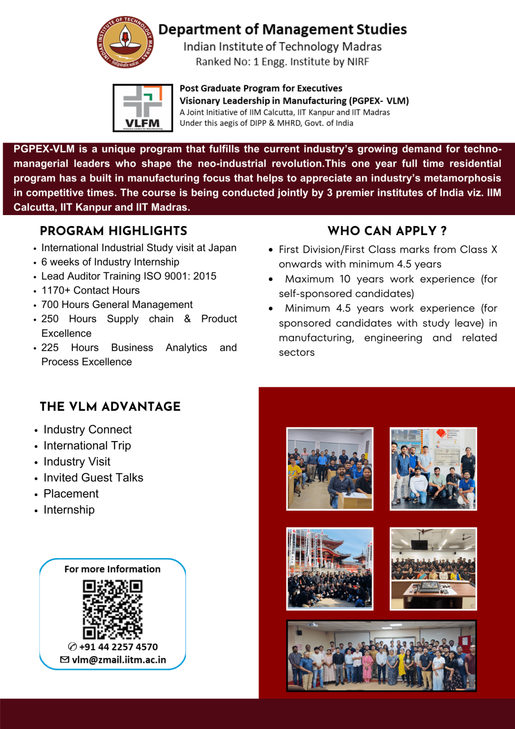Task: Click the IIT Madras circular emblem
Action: click(x=125, y=42)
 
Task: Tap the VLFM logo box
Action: click(x=143, y=108)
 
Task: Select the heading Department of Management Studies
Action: click(x=282, y=29)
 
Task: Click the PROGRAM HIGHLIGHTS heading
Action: click(x=113, y=231)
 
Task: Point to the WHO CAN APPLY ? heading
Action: click(x=387, y=231)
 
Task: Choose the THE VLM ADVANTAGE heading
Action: click(x=110, y=406)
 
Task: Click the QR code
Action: click(x=112, y=609)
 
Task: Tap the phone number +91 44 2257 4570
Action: click(x=118, y=647)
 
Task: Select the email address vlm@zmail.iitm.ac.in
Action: click(x=119, y=660)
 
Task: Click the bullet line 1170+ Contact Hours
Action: click(x=90, y=290)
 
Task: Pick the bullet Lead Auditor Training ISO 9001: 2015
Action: click(x=128, y=276)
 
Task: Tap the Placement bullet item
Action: click(x=71, y=493)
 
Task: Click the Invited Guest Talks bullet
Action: click(x=93, y=477)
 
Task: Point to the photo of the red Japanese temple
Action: click(x=330, y=569)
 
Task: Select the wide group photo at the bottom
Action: click(x=381, y=656)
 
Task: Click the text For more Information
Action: click(x=112, y=569)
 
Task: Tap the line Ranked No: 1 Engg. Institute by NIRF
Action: click(x=282, y=62)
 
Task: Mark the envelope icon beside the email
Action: click(x=65, y=660)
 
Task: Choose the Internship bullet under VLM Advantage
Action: click(x=69, y=509)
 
